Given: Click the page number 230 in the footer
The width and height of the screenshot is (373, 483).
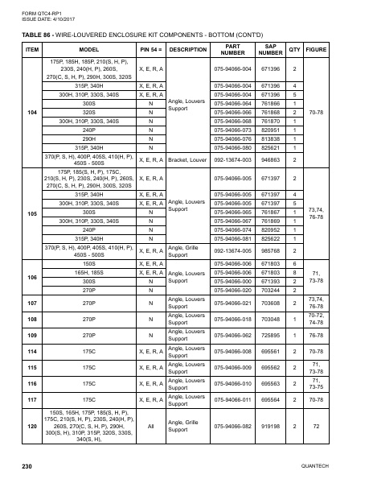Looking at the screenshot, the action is pos(27,466).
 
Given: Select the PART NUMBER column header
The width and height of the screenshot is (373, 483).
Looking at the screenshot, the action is pos(233,50).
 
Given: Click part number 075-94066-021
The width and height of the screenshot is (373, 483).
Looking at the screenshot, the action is pos(233,303).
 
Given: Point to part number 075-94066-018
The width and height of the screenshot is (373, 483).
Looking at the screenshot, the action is pos(233,319).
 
